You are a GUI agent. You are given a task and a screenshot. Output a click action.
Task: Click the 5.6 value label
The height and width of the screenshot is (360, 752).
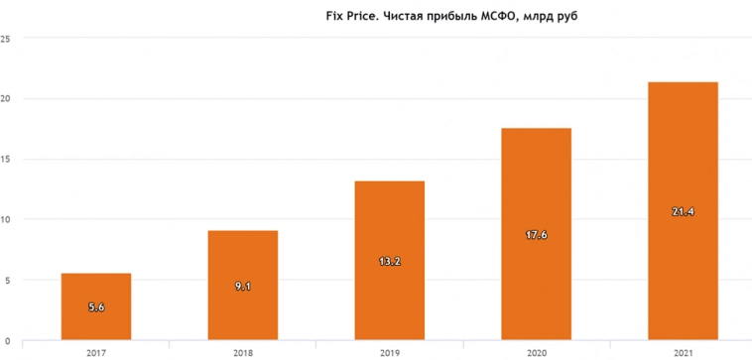click(96, 307)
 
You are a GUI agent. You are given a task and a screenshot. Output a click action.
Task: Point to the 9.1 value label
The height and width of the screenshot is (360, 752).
click(242, 287)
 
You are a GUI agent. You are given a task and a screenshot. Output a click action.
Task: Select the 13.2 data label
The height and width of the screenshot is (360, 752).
click(389, 261)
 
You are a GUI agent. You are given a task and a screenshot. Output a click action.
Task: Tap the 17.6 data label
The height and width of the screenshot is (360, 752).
click(536, 235)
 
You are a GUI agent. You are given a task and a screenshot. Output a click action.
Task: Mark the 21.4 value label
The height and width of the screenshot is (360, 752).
click(682, 212)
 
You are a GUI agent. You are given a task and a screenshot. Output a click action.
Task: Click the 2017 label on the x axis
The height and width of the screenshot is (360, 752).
click(96, 351)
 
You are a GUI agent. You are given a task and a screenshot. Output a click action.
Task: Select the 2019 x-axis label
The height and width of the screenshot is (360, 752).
click(389, 351)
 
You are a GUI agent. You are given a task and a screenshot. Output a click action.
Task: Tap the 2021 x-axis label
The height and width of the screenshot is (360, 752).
click(682, 351)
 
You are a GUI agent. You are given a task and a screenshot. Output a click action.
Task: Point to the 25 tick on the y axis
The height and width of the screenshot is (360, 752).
click(6, 39)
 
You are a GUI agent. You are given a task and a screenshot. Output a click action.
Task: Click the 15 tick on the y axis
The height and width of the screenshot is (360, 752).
click(6, 159)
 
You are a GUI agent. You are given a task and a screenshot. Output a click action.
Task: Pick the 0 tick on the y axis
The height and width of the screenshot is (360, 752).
click(8, 340)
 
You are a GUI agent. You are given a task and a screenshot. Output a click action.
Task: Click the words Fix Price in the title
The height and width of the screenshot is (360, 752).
click(352, 16)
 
